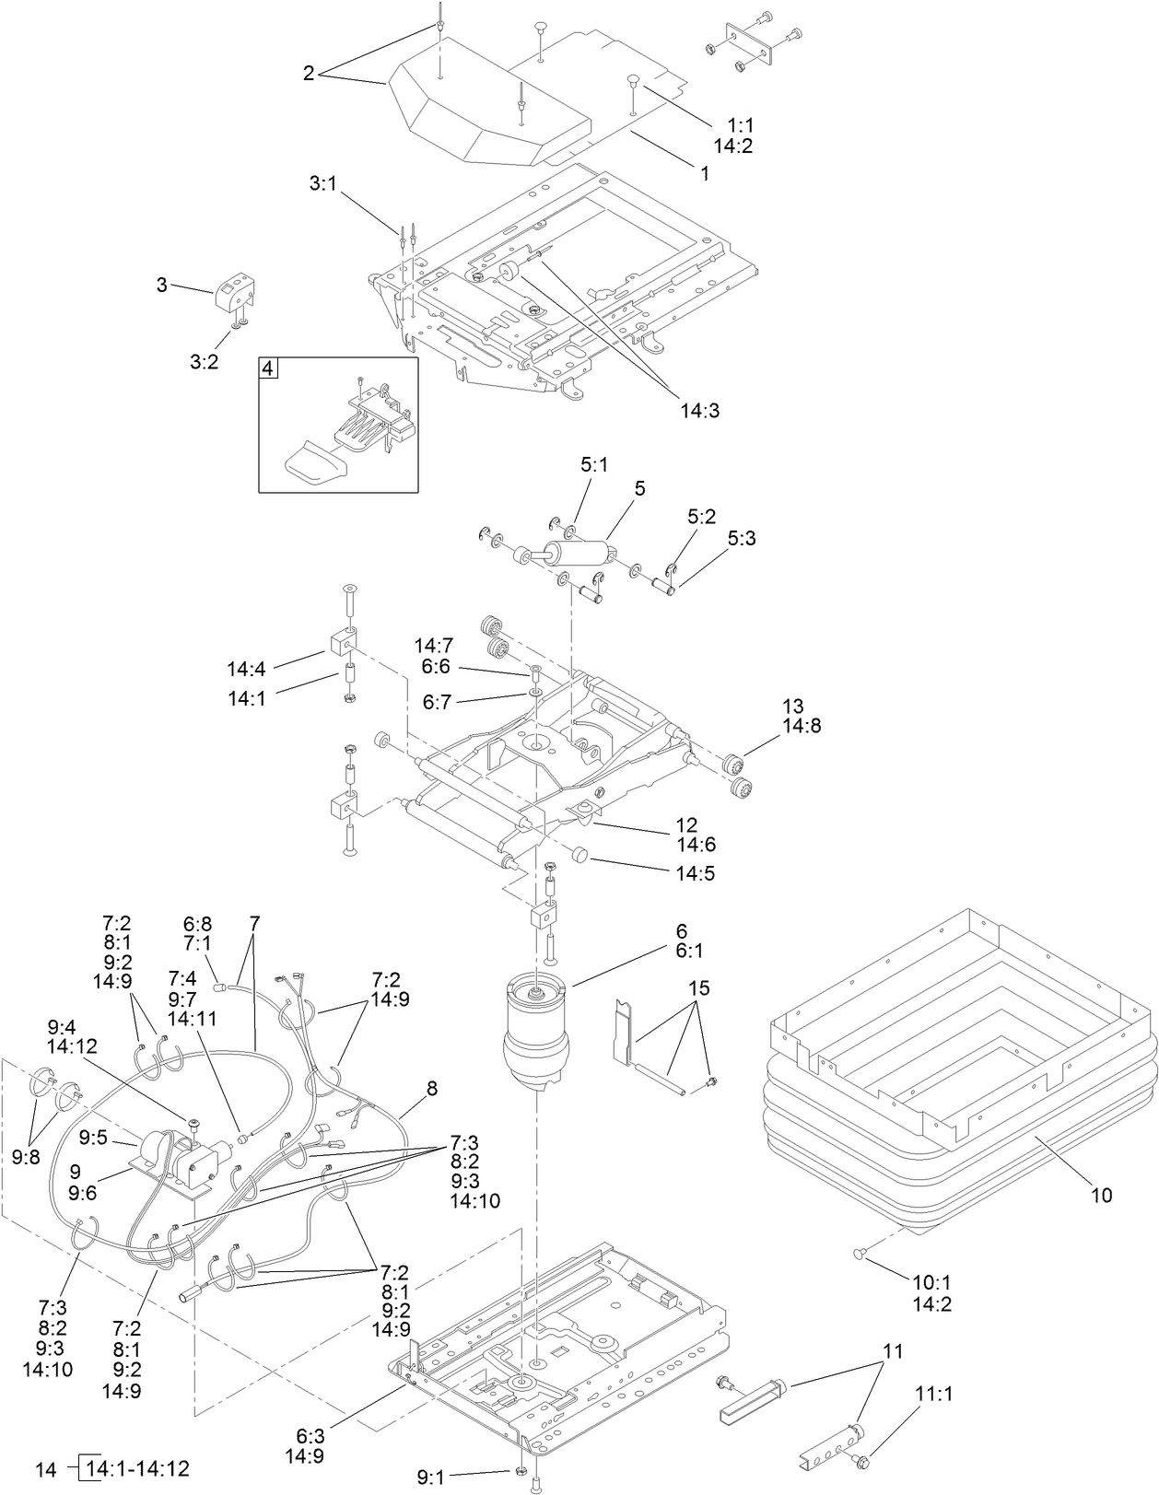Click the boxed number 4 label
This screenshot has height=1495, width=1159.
click(268, 368)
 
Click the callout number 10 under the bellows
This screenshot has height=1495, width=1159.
click(1101, 1196)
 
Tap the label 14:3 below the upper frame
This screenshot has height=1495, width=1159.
click(700, 411)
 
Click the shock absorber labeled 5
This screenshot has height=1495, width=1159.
click(580, 555)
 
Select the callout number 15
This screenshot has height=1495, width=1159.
click(698, 988)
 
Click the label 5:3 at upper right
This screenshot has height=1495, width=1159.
click(741, 538)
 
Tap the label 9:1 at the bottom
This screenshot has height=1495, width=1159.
click(430, 1477)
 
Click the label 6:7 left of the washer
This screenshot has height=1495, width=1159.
click(437, 702)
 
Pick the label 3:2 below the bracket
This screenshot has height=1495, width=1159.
click(204, 362)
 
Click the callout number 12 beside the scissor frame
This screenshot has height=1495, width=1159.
click(686, 824)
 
